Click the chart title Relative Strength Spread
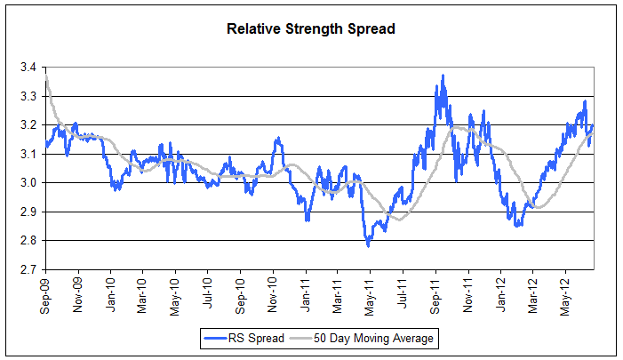[311, 28]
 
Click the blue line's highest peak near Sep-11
[442, 76]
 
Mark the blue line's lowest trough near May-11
[368, 245]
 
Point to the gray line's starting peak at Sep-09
[45, 76]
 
